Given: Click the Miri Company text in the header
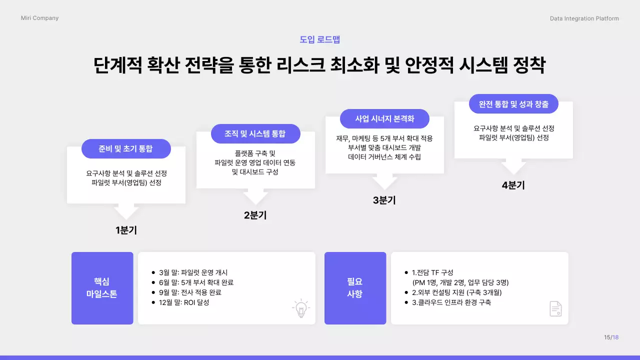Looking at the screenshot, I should tap(39, 18).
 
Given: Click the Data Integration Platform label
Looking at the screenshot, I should tap(584, 18).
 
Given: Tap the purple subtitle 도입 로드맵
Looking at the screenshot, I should tap(320, 39).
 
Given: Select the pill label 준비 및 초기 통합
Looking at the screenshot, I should tap(126, 148).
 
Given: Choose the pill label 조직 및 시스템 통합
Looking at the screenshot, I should tap(255, 133).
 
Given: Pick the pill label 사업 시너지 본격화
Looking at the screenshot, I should tap(384, 118).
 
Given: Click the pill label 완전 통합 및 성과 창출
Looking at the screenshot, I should tap(513, 104).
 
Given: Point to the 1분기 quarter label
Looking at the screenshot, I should tap(126, 230).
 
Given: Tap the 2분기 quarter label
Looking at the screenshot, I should tap(255, 215).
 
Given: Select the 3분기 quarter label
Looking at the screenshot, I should tap(384, 200).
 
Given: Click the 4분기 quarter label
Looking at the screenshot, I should tap(513, 185).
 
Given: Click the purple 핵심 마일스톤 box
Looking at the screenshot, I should tap(102, 288).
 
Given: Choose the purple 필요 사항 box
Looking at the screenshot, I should tap(355, 288).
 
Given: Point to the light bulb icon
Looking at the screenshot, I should tap(300, 308).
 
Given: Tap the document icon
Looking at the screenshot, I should tap(555, 308).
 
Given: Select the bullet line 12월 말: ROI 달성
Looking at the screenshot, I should tap(183, 302).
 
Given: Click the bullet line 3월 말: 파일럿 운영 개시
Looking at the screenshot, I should tap(193, 272).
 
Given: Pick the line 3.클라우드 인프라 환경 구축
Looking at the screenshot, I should tap(451, 302).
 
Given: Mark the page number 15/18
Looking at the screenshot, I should tap(611, 337).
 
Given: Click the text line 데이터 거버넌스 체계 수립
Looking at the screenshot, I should tap(384, 157).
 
